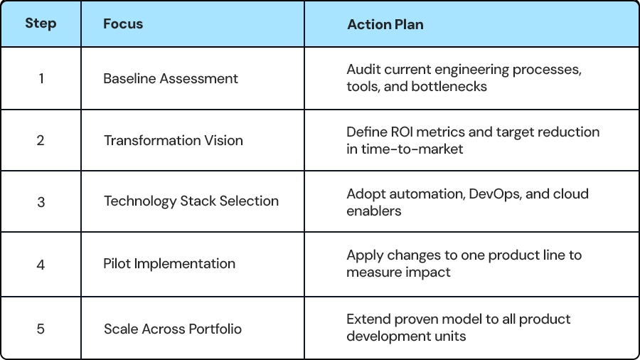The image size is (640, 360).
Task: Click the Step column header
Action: point(41,23)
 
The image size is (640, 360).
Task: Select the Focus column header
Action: point(123,23)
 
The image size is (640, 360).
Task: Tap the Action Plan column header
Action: point(385,24)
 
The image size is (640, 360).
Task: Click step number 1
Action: point(41,78)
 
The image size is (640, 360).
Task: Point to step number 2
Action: point(41,140)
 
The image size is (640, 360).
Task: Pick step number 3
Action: point(41,202)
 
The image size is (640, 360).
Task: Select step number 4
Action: point(41,265)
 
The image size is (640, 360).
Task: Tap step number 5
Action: point(41,329)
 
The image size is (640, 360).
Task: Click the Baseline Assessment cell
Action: point(170,78)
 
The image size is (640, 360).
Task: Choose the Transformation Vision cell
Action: point(173,140)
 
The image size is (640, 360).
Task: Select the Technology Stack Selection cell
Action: point(191,201)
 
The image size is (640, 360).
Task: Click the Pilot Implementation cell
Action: point(169,264)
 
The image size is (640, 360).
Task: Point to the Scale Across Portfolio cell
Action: point(172,329)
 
